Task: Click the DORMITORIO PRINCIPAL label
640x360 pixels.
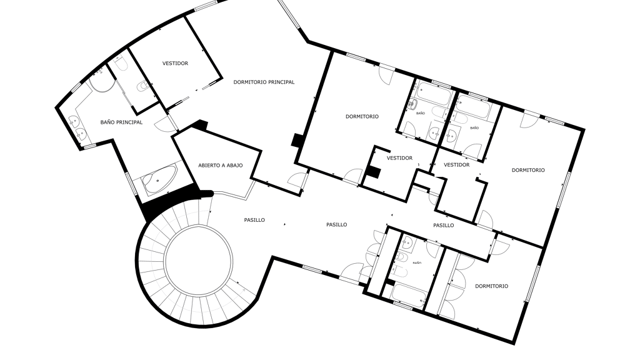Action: pos(264,82)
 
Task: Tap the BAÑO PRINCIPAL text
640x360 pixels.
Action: pos(121,122)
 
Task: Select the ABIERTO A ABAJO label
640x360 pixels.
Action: pos(221,165)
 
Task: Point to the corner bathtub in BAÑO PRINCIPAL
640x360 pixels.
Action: pos(159,179)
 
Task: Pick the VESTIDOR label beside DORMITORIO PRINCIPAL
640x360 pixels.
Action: pos(175,63)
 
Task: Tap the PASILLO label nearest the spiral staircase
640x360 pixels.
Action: pos(254,220)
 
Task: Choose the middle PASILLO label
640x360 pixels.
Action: pos(337,224)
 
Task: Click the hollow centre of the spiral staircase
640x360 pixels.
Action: pos(198,260)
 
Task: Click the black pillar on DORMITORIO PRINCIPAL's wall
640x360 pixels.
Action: pos(296,140)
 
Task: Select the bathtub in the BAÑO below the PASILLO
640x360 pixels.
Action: pos(409,295)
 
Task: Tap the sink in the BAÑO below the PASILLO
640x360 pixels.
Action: pos(406,244)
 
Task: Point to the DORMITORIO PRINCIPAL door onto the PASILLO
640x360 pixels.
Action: pos(297,181)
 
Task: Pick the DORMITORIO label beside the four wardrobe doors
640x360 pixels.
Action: pos(491,286)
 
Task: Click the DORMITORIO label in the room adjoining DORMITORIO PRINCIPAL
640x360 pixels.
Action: pos(362,116)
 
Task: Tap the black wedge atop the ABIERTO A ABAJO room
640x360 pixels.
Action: pos(201,125)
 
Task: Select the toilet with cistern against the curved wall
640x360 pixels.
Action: pos(120,64)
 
